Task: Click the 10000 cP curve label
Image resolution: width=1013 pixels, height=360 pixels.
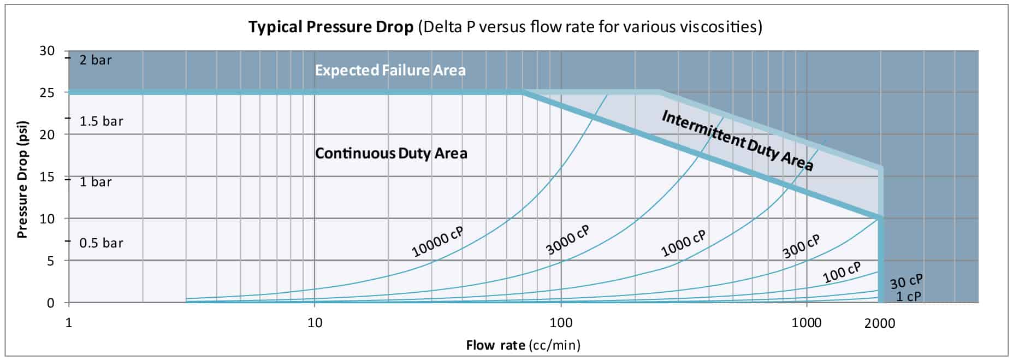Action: pyautogui.click(x=437, y=241)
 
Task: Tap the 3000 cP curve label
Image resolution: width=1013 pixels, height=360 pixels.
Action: pyautogui.click(x=568, y=240)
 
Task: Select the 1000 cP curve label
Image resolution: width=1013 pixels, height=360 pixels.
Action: pyautogui.click(x=683, y=244)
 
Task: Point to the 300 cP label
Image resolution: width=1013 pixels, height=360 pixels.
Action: pyautogui.click(x=801, y=246)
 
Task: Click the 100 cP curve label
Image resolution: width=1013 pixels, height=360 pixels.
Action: pyautogui.click(x=842, y=272)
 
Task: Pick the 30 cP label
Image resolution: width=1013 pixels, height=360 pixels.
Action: pyautogui.click(x=906, y=282)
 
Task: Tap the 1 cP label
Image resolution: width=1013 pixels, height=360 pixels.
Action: pyautogui.click(x=908, y=297)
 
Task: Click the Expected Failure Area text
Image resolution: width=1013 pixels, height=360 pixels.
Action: pyautogui.click(x=390, y=70)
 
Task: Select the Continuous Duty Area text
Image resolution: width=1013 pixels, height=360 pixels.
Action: pyautogui.click(x=391, y=153)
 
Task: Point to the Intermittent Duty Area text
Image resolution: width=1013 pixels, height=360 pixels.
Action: pyautogui.click(x=737, y=140)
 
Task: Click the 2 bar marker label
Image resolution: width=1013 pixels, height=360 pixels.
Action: pyautogui.click(x=96, y=60)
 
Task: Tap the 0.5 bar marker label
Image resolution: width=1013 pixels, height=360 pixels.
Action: pyautogui.click(x=101, y=243)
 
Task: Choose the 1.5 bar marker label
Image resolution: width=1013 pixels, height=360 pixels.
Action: pyautogui.click(x=101, y=121)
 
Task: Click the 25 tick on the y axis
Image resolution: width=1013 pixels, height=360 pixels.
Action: pyautogui.click(x=47, y=93)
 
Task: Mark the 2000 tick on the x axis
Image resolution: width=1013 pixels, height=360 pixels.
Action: pyautogui.click(x=880, y=323)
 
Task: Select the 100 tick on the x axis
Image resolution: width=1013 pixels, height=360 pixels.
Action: pyautogui.click(x=561, y=323)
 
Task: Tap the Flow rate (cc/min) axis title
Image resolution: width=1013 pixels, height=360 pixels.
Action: pyautogui.click(x=523, y=345)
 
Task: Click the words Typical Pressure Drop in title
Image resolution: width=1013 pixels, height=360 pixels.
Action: pyautogui.click(x=330, y=26)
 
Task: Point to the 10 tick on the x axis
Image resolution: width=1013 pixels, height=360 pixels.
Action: pyautogui.click(x=315, y=323)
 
